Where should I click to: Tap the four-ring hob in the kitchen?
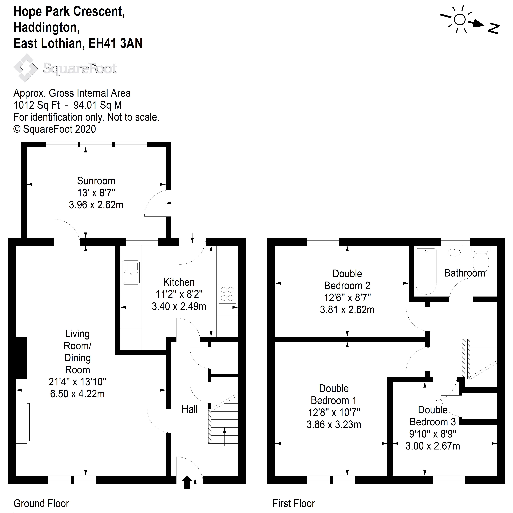pos(227,294)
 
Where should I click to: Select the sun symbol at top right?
pos(460,19)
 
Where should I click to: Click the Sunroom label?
pos(96,181)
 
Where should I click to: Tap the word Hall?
pos(190,409)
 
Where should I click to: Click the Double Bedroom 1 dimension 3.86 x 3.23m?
pos(334,425)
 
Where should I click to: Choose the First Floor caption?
pos(294,503)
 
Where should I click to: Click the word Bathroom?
pos(464,273)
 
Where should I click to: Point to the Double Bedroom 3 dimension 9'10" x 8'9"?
pos(433,434)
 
